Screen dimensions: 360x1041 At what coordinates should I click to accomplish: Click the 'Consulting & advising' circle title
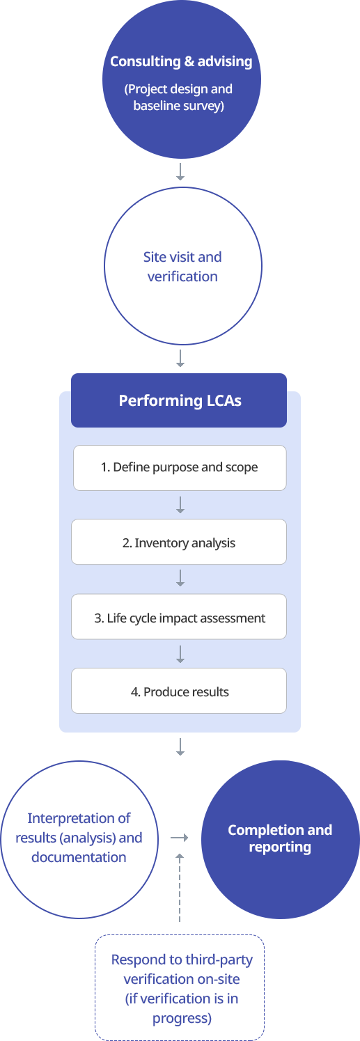[x=181, y=61]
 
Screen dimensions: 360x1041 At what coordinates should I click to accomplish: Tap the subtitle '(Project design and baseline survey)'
[x=179, y=97]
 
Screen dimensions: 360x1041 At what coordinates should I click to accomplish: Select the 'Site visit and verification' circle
[x=183, y=266]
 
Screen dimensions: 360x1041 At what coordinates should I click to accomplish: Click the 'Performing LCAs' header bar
[x=179, y=400]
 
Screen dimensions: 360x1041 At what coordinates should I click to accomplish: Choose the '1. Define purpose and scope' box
[x=180, y=467]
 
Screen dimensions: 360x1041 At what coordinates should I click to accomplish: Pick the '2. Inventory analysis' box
[x=179, y=542]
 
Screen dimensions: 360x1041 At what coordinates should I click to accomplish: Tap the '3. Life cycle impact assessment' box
[x=179, y=617]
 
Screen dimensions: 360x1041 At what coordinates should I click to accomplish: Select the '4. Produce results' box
[x=179, y=691]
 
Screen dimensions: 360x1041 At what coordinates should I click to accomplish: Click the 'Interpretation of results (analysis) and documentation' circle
[x=79, y=839]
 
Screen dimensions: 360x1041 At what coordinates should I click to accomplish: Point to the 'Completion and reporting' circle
[x=281, y=839]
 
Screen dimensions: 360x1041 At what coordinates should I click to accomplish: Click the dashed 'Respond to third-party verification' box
[x=180, y=987]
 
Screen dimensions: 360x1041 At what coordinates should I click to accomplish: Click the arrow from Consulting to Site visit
[x=180, y=171]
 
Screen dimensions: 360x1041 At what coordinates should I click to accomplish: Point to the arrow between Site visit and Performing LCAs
[x=180, y=359]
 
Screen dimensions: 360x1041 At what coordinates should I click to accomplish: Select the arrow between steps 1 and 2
[x=180, y=505]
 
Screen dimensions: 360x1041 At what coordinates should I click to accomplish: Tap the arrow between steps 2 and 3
[x=180, y=578]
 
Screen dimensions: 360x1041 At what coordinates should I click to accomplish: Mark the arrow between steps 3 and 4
[x=180, y=654]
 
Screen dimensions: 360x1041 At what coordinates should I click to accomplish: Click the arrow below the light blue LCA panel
[x=180, y=746]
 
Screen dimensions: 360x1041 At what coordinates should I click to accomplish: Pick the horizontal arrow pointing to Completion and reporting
[x=179, y=838]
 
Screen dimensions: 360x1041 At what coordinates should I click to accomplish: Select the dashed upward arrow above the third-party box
[x=180, y=887]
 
